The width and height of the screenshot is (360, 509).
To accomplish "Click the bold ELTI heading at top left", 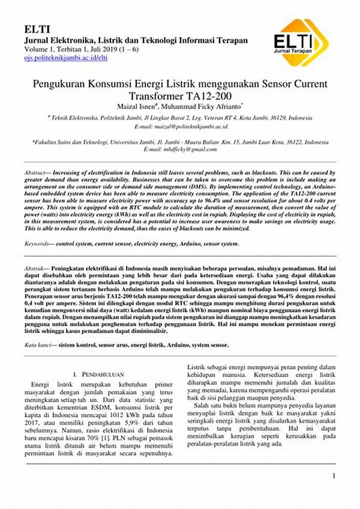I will pyautogui.click(x=37, y=29).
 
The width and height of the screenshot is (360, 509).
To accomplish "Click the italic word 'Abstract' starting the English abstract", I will pyautogui.click(x=36, y=172).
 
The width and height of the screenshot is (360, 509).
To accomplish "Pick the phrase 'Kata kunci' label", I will pyautogui.click(x=37, y=346).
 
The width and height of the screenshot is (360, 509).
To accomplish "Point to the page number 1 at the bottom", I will pyautogui.click(x=333, y=477).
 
